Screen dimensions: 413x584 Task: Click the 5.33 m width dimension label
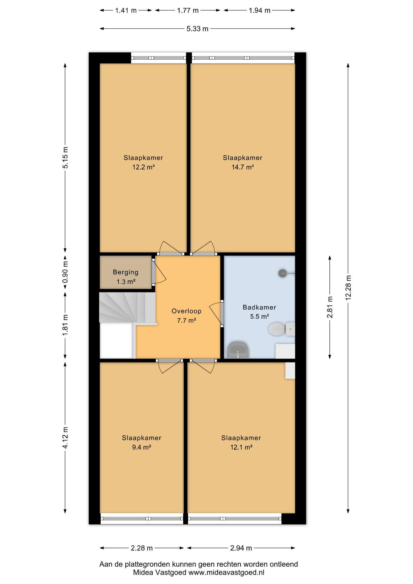197,29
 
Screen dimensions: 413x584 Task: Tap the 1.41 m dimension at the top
126,10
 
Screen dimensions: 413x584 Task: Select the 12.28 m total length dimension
348,288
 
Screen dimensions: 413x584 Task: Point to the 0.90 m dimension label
65,272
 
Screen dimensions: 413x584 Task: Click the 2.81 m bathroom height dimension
330,307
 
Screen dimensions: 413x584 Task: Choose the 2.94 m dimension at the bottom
241,548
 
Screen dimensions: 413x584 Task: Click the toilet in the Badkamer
282,329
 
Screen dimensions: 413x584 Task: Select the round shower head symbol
283,273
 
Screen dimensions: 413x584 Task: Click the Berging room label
126,272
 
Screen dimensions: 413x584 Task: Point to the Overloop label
186,311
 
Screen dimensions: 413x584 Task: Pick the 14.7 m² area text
243,167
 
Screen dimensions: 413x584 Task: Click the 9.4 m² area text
142,447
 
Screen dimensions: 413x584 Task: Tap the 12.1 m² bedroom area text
241,447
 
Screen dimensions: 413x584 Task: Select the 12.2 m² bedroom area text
144,167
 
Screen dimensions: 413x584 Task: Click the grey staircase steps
127,307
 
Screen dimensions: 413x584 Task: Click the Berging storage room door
159,272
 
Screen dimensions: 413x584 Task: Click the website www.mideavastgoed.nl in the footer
226,572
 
